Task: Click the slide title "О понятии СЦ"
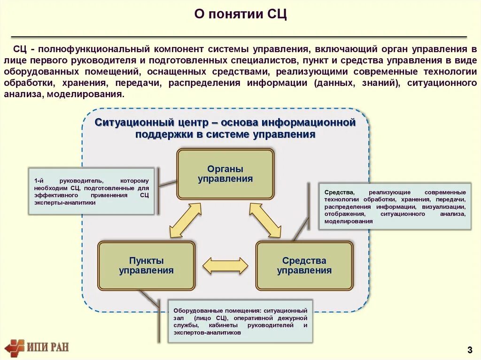(x=240, y=14)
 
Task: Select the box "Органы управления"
(x=225, y=174)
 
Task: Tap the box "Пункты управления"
(x=146, y=266)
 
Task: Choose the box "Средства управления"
(x=304, y=266)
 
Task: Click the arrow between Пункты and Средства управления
(x=225, y=266)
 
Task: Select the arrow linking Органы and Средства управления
(x=265, y=220)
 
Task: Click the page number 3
(x=469, y=349)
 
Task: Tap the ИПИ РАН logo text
(x=48, y=347)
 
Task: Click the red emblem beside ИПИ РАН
(x=14, y=348)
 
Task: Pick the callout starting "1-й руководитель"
(x=91, y=191)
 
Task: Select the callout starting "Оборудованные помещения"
(x=240, y=321)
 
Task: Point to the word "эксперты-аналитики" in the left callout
(x=64, y=203)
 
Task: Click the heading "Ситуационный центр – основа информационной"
(x=225, y=123)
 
